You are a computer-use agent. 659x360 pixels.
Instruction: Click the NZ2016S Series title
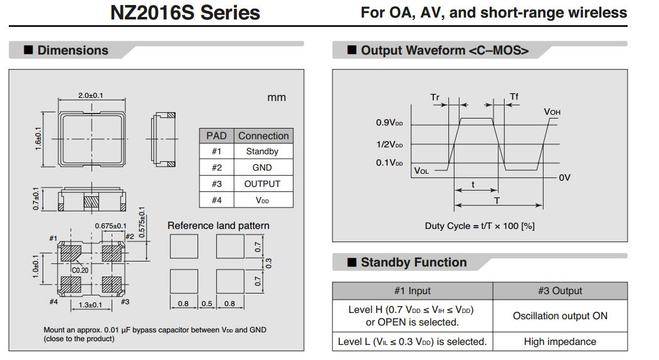coord(185,13)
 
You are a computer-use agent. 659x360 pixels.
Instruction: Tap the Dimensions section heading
coord(72,50)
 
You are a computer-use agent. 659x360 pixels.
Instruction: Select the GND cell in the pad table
coord(262,167)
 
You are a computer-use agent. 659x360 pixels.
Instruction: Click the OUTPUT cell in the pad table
coord(262,184)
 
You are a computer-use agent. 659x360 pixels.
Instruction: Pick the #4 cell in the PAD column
coord(216,200)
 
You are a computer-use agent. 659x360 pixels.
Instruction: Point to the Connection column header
coord(263,135)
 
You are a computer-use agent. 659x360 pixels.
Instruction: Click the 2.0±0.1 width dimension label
coord(91,95)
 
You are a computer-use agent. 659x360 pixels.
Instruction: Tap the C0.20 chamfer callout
coord(80,270)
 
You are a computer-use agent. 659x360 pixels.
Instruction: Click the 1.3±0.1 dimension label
coord(91,305)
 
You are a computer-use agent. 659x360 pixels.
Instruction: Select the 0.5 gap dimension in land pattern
coord(206,304)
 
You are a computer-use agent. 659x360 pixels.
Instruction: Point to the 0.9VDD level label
coord(389,123)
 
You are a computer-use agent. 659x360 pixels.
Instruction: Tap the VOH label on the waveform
coord(552,112)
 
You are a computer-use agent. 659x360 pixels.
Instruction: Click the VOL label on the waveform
coord(421,171)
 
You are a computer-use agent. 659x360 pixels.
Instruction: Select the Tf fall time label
coord(514,97)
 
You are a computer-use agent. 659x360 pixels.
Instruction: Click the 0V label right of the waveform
coord(564,177)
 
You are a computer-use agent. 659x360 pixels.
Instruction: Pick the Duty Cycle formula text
coord(480,226)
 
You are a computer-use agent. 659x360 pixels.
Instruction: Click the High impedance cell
coord(560,341)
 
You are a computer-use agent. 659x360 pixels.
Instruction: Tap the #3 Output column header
coord(560,291)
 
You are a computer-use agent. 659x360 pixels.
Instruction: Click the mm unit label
coord(277,97)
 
